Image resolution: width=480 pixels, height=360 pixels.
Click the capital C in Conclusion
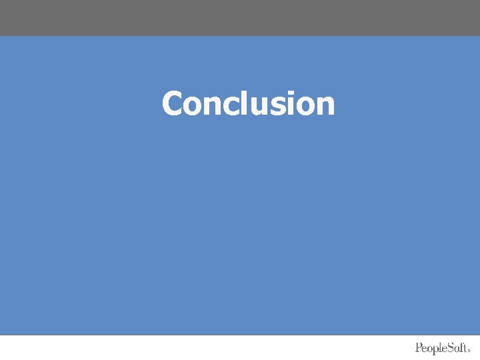click(173, 104)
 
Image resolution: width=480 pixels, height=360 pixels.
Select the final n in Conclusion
click(323, 107)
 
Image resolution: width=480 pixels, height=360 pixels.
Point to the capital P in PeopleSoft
click(419, 347)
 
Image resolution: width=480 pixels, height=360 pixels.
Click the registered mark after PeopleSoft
click(471, 350)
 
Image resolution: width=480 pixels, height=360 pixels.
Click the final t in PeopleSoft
click(467, 348)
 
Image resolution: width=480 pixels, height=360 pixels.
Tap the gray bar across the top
click(240, 17)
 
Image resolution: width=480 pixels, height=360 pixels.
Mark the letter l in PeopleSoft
click(443, 347)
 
